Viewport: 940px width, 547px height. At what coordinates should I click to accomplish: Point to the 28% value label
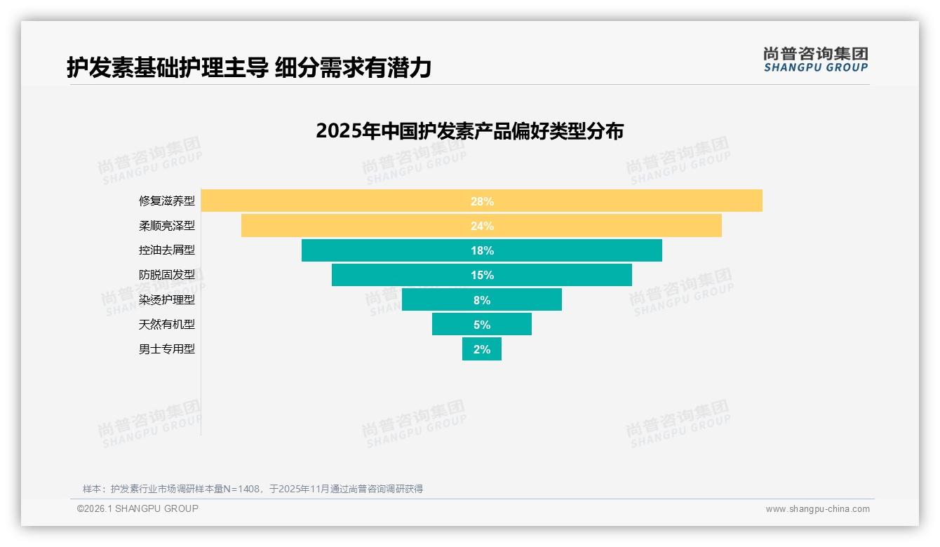pos(482,201)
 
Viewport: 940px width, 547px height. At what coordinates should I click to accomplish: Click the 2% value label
pos(482,349)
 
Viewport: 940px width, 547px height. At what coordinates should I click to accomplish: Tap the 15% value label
pos(482,275)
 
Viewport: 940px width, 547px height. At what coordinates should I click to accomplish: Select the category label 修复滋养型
pos(167,201)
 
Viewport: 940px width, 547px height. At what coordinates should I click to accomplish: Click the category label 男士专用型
pos(167,349)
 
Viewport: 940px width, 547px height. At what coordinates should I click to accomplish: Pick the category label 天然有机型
pos(167,324)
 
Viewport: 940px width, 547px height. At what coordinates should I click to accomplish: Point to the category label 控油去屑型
pos(167,250)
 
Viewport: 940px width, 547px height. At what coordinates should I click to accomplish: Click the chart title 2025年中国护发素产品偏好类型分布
pos(469,131)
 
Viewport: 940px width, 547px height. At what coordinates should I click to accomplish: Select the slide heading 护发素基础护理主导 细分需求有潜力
pos(249,67)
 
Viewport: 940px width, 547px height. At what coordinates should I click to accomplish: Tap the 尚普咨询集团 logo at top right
pos(815,60)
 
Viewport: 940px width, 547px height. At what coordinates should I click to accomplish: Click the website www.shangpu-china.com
pos(817,509)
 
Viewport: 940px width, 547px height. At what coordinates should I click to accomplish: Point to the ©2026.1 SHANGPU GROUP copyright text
pos(137,508)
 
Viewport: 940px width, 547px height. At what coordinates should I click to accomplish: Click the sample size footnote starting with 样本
pos(253,489)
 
